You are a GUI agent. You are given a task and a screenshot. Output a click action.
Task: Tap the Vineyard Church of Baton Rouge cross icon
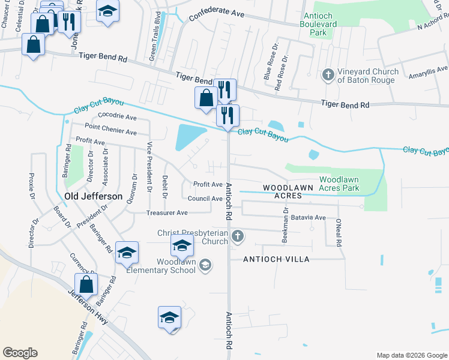click(x=328, y=74)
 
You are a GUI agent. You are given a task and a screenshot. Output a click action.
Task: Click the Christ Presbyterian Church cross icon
click(x=238, y=236)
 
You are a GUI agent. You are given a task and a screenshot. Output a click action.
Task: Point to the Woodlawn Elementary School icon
click(x=205, y=265)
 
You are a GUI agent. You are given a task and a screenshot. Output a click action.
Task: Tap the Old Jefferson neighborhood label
click(x=93, y=196)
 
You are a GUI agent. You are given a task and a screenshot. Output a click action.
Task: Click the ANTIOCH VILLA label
click(x=276, y=259)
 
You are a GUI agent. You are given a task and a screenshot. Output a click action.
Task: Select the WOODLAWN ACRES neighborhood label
click(x=288, y=192)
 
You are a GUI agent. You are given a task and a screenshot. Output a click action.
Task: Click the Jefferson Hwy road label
click(x=88, y=306)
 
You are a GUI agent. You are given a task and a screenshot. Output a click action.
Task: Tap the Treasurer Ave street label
click(x=167, y=212)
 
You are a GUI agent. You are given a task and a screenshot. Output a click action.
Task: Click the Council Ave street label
click(x=205, y=199)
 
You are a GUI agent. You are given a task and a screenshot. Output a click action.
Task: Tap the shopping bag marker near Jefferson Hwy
click(x=86, y=284)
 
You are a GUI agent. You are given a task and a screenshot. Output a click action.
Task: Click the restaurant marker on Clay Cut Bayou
click(x=228, y=114)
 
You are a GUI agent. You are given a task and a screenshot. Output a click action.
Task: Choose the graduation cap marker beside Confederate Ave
click(x=108, y=11)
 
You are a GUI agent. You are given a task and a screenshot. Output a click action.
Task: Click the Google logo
click(x=20, y=353)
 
